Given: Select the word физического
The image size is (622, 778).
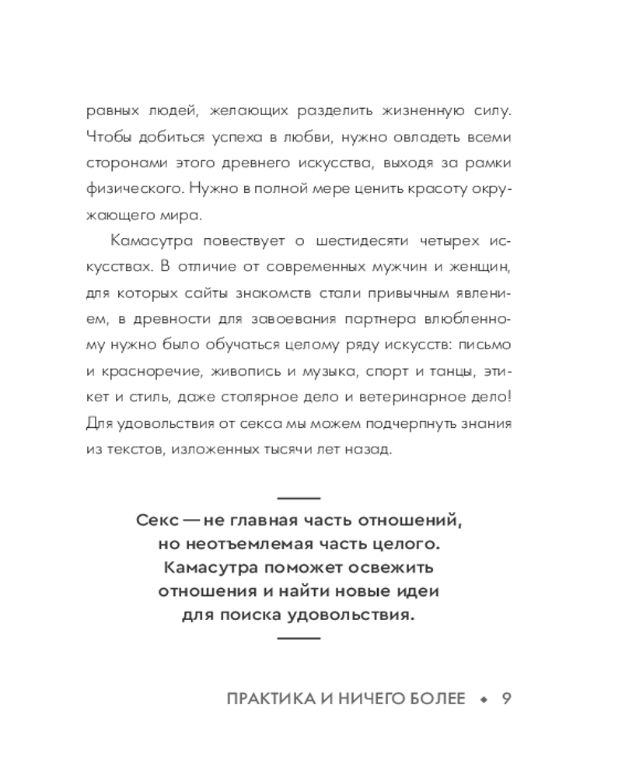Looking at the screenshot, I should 129,189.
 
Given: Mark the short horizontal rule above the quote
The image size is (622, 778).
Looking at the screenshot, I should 299,496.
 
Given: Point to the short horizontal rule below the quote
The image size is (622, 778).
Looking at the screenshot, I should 299,638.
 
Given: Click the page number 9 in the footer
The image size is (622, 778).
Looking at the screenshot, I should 506,699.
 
